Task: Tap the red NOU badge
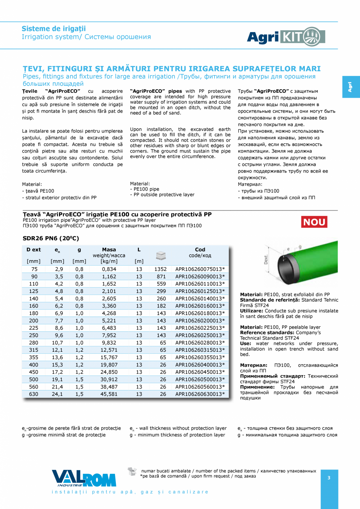(314, 222)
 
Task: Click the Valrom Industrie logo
(84, 478)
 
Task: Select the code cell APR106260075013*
(200, 269)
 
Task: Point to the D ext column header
(34, 250)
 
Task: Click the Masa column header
(109, 250)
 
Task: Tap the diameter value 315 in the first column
(34, 350)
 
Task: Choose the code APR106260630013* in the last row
(200, 394)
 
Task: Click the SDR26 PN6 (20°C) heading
(51, 238)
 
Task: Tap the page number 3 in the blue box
(329, 478)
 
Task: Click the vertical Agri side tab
(350, 87)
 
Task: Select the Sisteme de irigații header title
(54, 29)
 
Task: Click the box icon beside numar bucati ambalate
(133, 471)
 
